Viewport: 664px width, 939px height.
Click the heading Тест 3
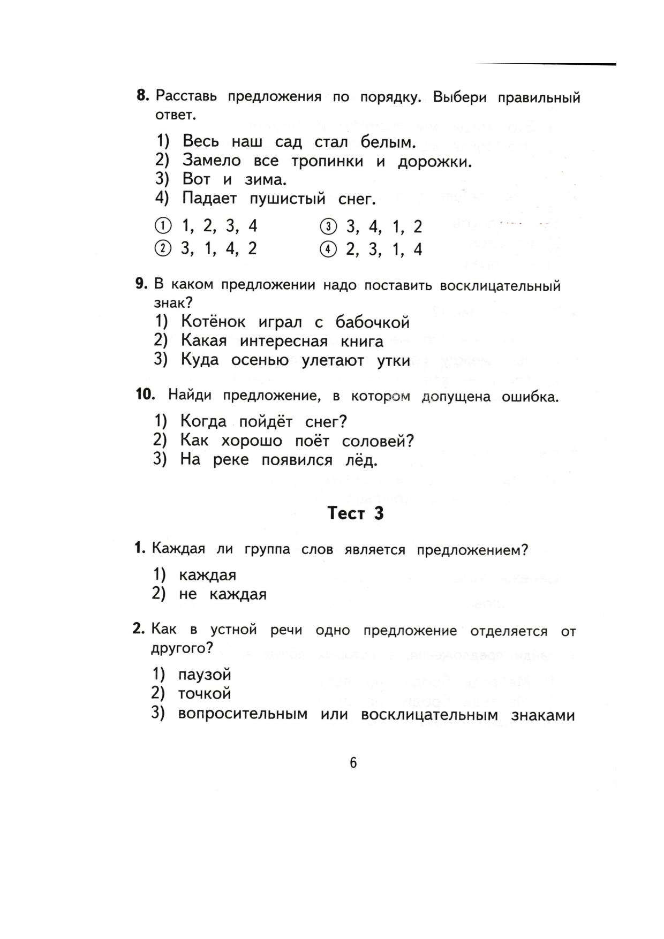[x=356, y=513]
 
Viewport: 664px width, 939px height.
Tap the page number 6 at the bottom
[x=353, y=763]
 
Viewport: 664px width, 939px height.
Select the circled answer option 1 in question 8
[x=163, y=226]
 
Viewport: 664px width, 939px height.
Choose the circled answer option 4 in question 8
[x=328, y=249]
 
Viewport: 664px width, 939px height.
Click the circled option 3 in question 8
[x=328, y=227]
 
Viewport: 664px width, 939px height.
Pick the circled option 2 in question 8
[x=163, y=248]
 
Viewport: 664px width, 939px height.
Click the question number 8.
[x=142, y=96]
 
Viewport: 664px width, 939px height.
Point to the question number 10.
[x=145, y=395]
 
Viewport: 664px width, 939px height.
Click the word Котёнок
[x=213, y=322]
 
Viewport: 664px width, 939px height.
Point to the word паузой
[x=205, y=675]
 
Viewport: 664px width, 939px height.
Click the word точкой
[x=205, y=694]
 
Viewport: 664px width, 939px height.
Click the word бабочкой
[x=372, y=322]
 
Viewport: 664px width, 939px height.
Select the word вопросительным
[x=243, y=715]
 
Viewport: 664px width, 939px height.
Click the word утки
[x=394, y=361]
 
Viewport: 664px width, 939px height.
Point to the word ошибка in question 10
[x=529, y=397]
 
